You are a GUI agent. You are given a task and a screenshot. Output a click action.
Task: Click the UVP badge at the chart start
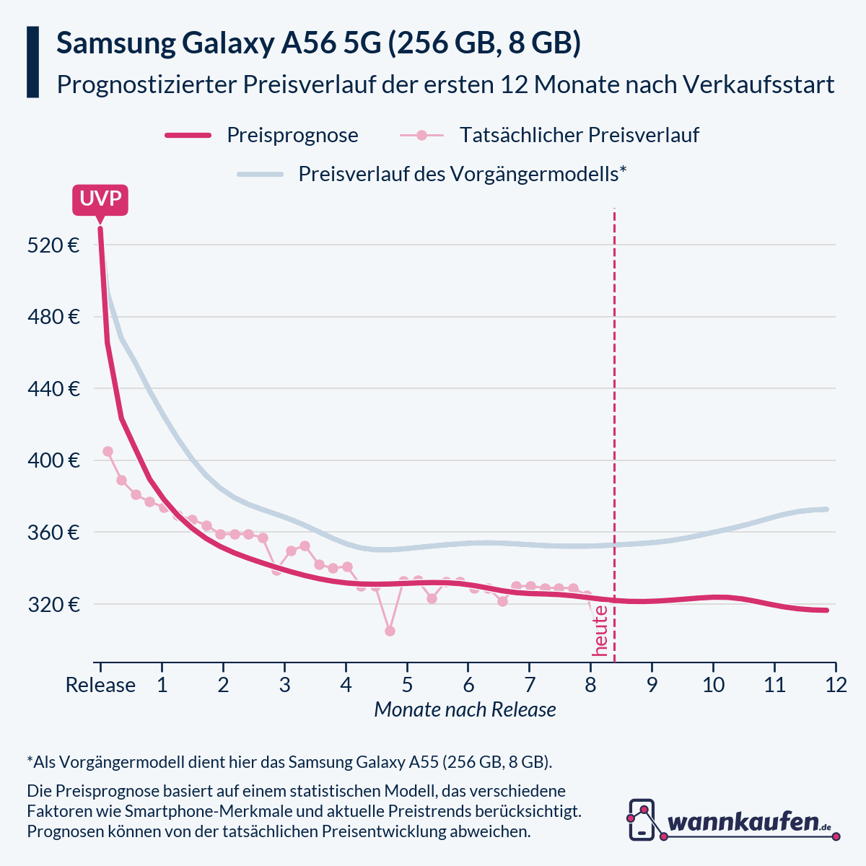pyautogui.click(x=100, y=199)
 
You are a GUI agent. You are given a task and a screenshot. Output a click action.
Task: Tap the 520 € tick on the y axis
pyautogui.click(x=53, y=245)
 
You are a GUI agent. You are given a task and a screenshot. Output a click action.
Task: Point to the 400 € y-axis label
pyautogui.click(x=53, y=460)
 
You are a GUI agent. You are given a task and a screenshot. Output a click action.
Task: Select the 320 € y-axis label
pyautogui.click(x=53, y=604)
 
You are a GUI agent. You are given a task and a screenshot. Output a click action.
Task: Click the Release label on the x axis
pyautogui.click(x=100, y=685)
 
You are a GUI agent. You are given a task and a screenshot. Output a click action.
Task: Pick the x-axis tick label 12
pyautogui.click(x=836, y=685)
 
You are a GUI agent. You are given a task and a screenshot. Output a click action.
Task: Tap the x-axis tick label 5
pyautogui.click(x=407, y=685)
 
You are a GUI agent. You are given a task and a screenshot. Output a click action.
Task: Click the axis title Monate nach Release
pyautogui.click(x=465, y=710)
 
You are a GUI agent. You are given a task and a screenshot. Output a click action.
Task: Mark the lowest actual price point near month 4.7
pyautogui.click(x=390, y=631)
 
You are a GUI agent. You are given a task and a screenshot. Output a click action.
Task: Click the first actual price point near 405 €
pyautogui.click(x=108, y=451)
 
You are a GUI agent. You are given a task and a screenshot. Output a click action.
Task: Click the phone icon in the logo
pyautogui.click(x=642, y=820)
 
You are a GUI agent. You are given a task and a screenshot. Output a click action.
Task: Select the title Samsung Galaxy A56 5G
pyautogui.click(x=318, y=44)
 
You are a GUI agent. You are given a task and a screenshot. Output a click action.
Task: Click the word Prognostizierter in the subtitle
pyautogui.click(x=145, y=84)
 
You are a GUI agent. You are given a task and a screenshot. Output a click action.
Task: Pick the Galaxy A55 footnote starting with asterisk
pyautogui.click(x=289, y=762)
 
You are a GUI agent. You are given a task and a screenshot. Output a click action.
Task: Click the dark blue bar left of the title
pyautogui.click(x=32, y=62)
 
